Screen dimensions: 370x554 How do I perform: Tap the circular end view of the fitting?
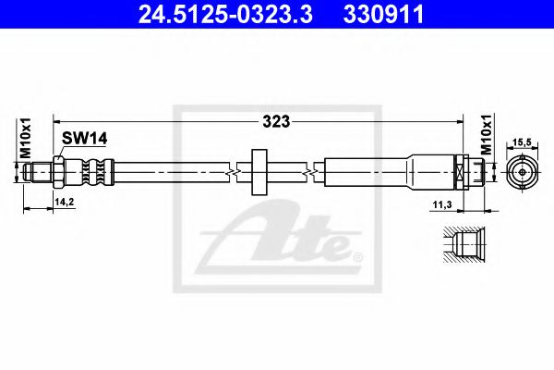click(x=522, y=171)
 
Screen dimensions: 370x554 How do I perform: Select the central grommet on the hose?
click(x=258, y=169)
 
